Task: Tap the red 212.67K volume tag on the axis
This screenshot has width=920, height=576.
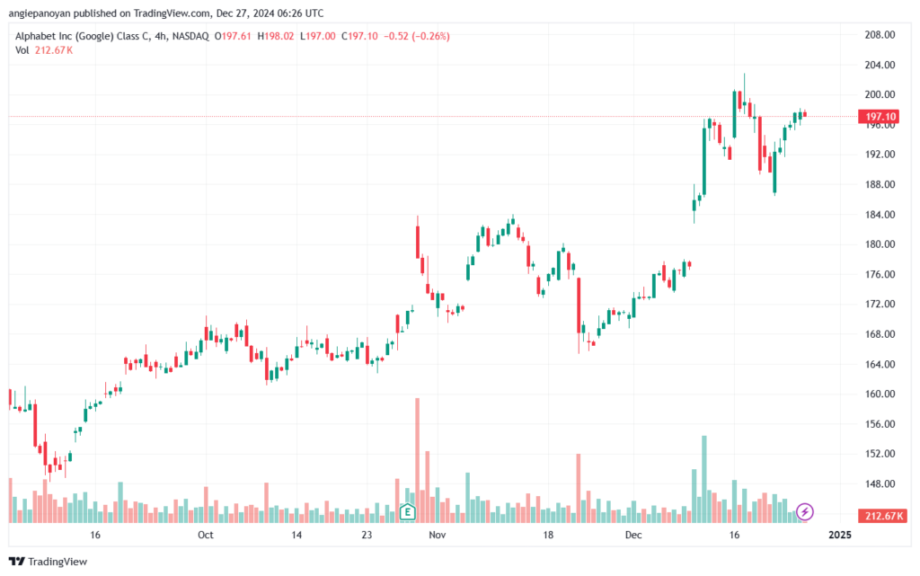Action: (882, 516)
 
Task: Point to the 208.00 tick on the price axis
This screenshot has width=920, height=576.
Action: (880, 35)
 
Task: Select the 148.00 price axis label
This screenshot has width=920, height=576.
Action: (880, 484)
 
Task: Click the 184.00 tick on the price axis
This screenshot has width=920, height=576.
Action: (880, 215)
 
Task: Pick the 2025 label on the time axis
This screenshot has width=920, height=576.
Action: (839, 535)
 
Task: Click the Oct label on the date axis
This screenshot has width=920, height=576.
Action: (206, 535)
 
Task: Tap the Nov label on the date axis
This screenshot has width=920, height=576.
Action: (438, 535)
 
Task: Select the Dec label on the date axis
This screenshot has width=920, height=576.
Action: (633, 535)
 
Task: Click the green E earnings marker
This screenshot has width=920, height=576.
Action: (407, 512)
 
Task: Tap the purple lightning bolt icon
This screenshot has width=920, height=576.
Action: (804, 511)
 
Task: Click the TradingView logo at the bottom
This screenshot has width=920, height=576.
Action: (49, 562)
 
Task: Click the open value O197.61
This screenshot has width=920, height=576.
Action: (233, 36)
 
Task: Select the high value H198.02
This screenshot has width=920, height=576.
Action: (276, 36)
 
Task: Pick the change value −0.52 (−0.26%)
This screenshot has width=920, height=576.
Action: (417, 36)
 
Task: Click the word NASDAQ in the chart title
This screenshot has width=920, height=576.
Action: (190, 36)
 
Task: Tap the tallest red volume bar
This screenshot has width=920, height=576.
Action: (417, 460)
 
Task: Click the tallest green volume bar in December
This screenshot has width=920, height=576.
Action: (704, 479)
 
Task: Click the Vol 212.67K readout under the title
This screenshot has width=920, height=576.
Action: (44, 50)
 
